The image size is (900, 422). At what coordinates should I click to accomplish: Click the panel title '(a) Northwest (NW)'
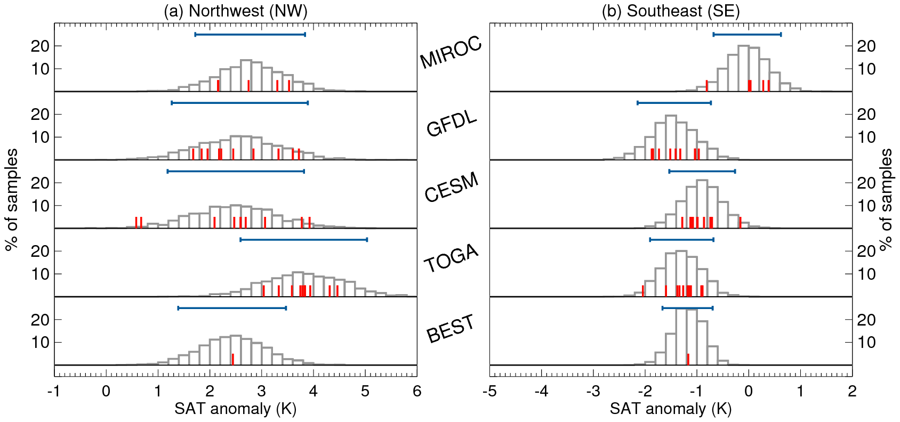(x=235, y=11)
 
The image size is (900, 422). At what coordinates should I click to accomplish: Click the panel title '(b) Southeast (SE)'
(x=671, y=11)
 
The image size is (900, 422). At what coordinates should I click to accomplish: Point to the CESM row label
(x=452, y=188)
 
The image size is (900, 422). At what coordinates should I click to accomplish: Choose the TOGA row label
(x=451, y=258)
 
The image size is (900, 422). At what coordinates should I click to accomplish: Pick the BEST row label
(x=451, y=328)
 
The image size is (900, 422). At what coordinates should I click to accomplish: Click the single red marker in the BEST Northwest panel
(x=233, y=359)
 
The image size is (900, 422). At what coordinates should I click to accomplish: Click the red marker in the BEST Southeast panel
(x=688, y=359)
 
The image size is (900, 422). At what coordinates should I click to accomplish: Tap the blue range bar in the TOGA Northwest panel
(x=304, y=240)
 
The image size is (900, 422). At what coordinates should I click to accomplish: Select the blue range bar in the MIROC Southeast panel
(x=747, y=35)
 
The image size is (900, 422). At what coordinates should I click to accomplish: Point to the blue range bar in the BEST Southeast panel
(x=687, y=308)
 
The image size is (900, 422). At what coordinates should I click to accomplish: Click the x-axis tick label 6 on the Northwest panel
(x=417, y=392)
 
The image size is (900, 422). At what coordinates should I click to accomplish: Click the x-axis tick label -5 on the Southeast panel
(x=489, y=392)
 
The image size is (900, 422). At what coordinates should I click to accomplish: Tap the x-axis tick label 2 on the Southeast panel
(x=852, y=392)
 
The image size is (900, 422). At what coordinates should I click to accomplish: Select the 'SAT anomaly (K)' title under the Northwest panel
(x=235, y=409)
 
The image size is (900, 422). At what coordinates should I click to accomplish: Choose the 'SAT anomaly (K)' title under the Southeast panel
(x=671, y=409)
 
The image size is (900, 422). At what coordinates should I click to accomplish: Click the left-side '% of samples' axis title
(x=12, y=200)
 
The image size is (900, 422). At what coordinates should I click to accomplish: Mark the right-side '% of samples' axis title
(x=886, y=200)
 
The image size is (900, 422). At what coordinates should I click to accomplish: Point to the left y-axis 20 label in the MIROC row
(x=40, y=46)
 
